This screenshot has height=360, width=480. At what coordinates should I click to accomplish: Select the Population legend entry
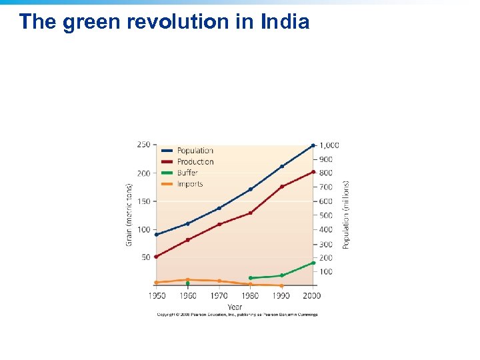point(195,151)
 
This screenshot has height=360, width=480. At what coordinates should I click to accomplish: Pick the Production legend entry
point(195,162)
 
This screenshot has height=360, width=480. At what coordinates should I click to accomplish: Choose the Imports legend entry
point(189,184)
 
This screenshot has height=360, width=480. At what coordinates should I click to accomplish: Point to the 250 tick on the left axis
point(143,145)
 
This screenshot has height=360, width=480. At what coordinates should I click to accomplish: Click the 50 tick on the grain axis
point(145,257)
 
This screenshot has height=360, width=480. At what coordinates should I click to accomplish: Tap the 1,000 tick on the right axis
point(329,145)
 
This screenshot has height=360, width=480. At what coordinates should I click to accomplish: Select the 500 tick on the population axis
point(325,215)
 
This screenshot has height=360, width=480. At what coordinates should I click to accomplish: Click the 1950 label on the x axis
point(157,295)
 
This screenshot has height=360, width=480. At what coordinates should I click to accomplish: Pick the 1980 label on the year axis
point(250,295)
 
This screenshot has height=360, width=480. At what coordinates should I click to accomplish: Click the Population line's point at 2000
point(313,145)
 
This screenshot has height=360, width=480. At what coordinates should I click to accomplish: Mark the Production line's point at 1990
point(282,187)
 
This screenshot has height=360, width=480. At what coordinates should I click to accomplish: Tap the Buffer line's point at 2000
point(313,263)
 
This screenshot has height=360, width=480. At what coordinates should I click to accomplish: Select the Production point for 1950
point(157,257)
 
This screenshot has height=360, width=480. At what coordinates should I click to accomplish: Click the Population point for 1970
point(219,208)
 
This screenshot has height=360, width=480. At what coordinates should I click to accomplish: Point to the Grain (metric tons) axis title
point(129,215)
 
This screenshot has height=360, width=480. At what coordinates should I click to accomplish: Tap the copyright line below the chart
point(237,315)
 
